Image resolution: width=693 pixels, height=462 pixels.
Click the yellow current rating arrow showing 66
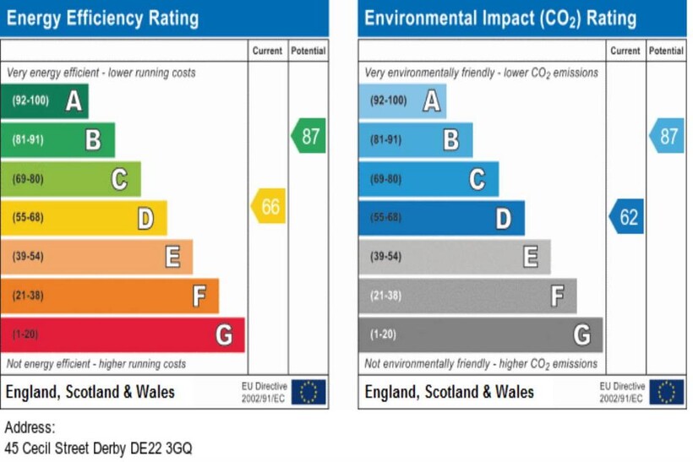pyautogui.click(x=269, y=206)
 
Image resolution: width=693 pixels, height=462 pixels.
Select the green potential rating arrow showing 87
pyautogui.click(x=309, y=135)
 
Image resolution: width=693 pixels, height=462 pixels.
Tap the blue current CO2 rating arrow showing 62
pyautogui.click(x=627, y=217)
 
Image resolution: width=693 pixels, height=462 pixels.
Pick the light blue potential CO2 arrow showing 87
pyautogui.click(x=668, y=135)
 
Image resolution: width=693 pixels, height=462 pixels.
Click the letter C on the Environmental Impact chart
pyautogui.click(x=477, y=179)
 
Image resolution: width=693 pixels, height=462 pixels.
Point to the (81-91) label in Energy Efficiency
pyautogui.click(x=28, y=140)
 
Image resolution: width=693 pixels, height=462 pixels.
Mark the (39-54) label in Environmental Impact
pyautogui.click(x=386, y=257)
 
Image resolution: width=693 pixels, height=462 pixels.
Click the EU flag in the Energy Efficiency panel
pyautogui.click(x=308, y=392)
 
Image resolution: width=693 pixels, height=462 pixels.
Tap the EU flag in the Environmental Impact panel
pyautogui.click(x=667, y=392)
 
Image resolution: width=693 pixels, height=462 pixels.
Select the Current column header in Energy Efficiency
pyautogui.click(x=267, y=51)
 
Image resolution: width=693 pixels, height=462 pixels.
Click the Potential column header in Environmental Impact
pyautogui.click(x=667, y=51)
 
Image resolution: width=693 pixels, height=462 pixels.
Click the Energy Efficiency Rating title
pyautogui.click(x=102, y=18)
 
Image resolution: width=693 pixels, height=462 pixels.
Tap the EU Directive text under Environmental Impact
pyautogui.click(x=621, y=392)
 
